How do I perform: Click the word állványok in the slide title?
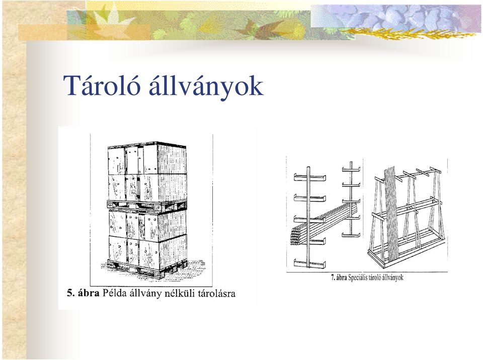point(206,86)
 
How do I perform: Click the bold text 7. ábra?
point(339,278)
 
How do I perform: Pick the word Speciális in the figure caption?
point(358,278)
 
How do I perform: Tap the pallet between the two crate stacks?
point(146,206)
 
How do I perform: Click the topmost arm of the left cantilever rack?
point(310,177)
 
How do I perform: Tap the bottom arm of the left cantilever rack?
point(310,264)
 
